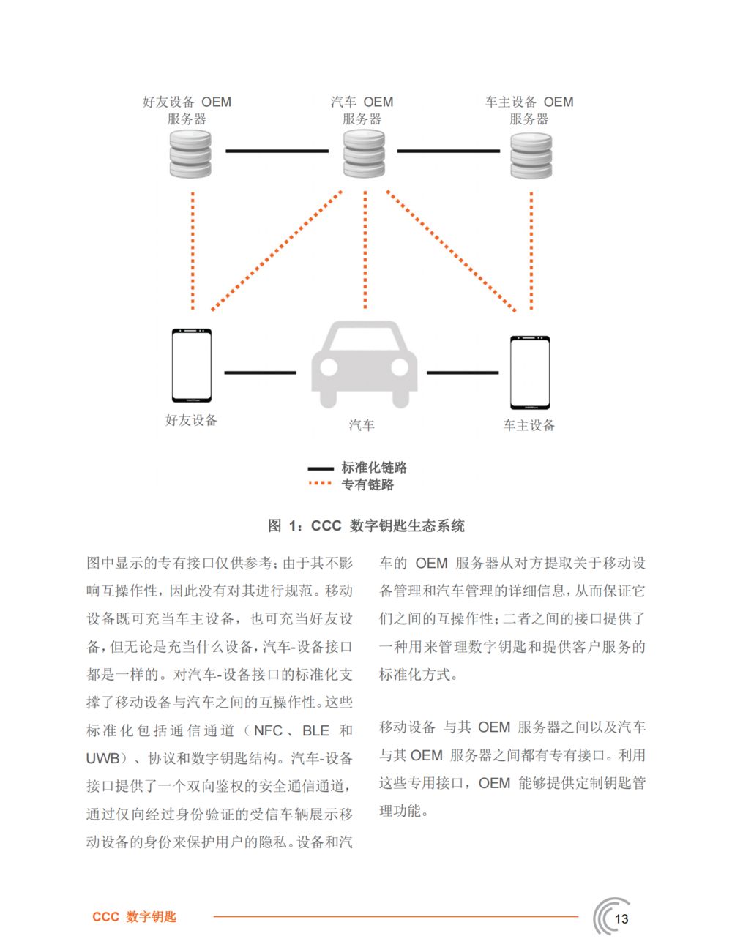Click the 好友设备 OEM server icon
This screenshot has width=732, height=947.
coord(190,154)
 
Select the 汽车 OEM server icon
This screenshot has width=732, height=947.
coord(365,154)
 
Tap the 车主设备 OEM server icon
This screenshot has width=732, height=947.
coord(531,156)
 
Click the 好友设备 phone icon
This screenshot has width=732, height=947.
coord(192,365)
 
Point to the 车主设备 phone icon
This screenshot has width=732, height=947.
coord(530,373)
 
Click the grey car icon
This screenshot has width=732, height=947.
coord(365,364)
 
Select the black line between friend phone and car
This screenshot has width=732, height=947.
coord(260,373)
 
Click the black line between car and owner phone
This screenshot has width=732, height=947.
coord(463,373)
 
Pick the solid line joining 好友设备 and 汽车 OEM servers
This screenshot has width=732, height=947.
coord(277,151)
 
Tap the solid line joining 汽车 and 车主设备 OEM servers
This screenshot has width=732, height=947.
coord(449,151)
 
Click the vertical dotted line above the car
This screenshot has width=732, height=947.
coord(365,250)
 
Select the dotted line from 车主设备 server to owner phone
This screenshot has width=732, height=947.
coord(531,250)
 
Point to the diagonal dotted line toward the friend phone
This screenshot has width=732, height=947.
coord(277,250)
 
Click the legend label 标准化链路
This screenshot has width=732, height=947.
coord(374,468)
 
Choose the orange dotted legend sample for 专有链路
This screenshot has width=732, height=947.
coord(320,483)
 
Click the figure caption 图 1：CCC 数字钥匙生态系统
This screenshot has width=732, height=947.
coord(366,525)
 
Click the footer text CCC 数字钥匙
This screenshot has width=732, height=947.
coord(134,916)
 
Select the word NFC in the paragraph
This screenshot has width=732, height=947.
coord(269,730)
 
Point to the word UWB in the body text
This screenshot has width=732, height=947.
coord(102,758)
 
